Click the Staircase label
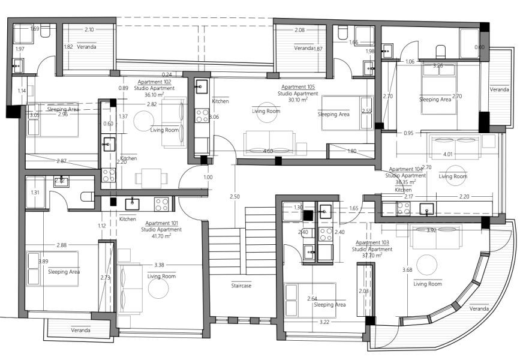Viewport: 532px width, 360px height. point(241,286)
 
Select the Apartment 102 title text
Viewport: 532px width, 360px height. point(155,82)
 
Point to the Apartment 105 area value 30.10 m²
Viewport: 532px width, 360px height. point(297,100)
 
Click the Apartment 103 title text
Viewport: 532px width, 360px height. point(372,242)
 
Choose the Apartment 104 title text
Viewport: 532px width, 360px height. point(405,169)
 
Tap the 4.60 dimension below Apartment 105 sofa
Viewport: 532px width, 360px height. point(268,151)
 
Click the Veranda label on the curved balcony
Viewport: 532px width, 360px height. point(479,308)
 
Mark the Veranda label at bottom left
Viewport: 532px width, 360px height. point(80,330)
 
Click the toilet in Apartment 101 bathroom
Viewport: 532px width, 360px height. point(87,196)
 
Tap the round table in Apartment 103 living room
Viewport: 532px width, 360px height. point(427,265)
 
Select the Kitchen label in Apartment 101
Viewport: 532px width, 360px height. point(128,219)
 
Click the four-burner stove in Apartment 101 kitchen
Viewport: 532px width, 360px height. point(162,204)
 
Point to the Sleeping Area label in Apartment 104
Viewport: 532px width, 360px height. point(435,100)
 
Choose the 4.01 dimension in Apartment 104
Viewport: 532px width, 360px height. point(447,154)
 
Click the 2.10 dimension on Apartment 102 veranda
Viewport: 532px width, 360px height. point(89,29)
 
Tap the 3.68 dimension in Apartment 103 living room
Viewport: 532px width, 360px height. point(407,269)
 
